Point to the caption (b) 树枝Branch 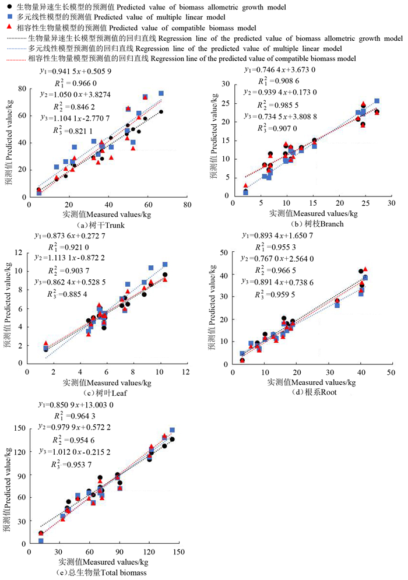(x=308, y=224)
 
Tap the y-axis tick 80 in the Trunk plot (x=23, y=88)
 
